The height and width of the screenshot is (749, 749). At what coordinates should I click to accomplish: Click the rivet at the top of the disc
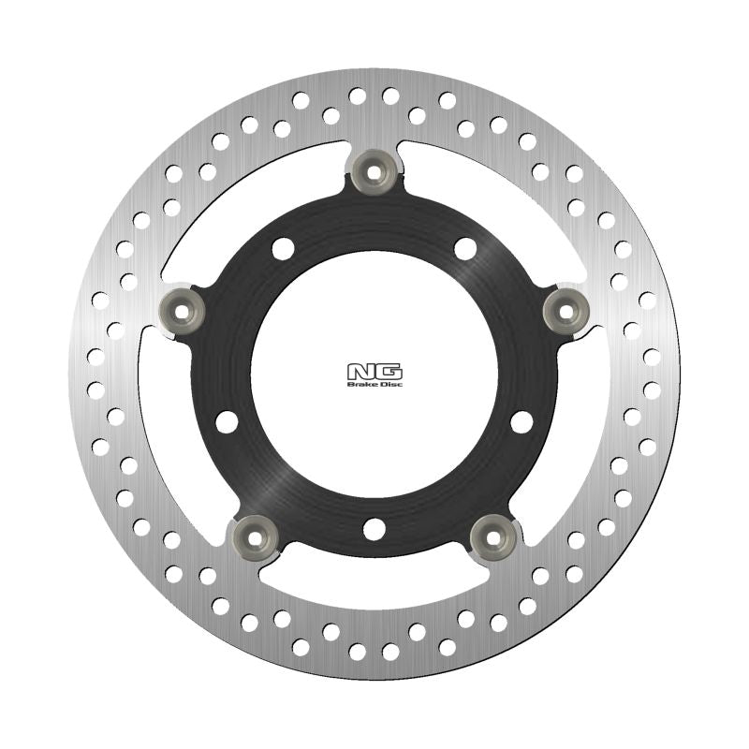pos(374,169)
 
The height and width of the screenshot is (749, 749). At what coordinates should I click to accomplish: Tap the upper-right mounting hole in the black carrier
pos(465,248)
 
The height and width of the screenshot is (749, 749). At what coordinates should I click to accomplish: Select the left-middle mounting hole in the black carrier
pos(227,421)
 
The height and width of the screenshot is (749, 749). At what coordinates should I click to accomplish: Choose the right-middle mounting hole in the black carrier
pos(521,421)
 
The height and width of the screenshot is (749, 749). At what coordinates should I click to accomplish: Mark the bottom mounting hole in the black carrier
pos(374,529)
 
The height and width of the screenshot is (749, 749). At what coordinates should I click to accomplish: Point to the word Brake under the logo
pos(361,384)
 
